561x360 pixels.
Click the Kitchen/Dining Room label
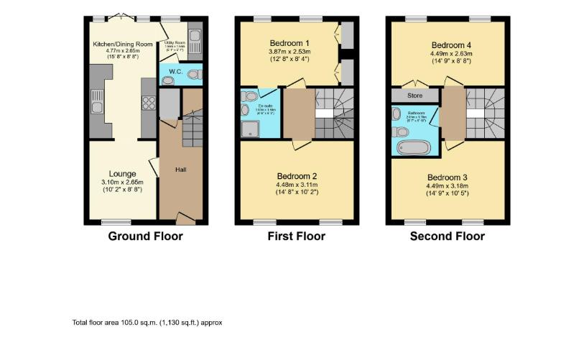pyautogui.click(x=123, y=45)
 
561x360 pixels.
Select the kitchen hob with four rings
pyautogui.click(x=149, y=103)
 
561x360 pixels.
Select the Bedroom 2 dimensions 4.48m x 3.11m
pyautogui.click(x=297, y=184)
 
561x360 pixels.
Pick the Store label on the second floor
pyautogui.click(x=414, y=94)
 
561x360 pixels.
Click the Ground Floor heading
pyautogui.click(x=145, y=236)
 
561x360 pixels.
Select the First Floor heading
pyautogui.click(x=296, y=236)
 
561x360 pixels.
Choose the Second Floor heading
pyautogui.click(x=447, y=236)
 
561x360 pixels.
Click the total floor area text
pyautogui.click(x=147, y=323)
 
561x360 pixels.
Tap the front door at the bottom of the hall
pyautogui.click(x=184, y=218)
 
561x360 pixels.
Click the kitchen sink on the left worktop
pyautogui.click(x=96, y=109)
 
